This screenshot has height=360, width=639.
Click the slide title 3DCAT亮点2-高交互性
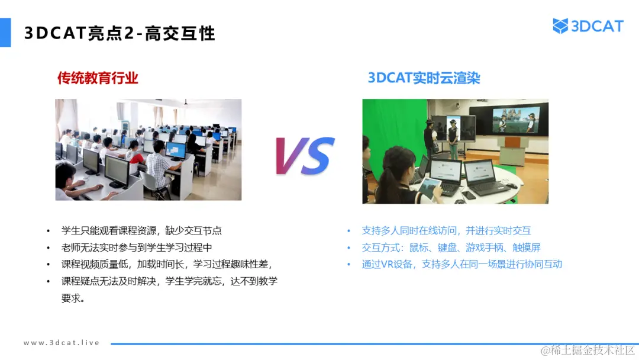coord(120,33)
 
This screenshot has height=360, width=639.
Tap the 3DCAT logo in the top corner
coord(588,26)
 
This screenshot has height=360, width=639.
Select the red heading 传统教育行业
coord(98,78)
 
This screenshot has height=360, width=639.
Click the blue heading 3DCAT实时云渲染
coord(424,78)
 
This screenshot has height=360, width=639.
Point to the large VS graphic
coord(304,156)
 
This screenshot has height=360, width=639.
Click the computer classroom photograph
coord(149,149)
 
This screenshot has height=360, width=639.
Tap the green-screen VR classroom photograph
coord(455,152)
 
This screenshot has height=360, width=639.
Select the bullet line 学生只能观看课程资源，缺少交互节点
coord(141,231)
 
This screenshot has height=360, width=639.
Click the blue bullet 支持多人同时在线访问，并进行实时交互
coord(446,231)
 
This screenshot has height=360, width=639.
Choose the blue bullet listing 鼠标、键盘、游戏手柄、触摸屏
coord(451,247)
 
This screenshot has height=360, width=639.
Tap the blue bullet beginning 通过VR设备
coord(461,264)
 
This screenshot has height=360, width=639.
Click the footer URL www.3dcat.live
coord(62,343)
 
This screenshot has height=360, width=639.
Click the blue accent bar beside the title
coord(5,33)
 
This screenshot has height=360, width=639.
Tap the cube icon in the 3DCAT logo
coord(560,26)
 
